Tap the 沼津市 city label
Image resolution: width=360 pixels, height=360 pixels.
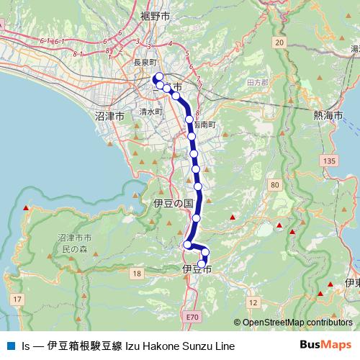click(110, 115)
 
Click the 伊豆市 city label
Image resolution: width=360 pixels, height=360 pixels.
click(197, 269)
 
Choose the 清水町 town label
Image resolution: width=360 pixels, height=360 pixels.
click(152, 112)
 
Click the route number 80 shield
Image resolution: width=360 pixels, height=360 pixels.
click(274, 185)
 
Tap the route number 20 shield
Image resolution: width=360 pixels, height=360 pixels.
click(279, 43)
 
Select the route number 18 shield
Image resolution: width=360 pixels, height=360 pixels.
click(136, 273)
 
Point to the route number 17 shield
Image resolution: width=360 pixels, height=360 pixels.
click(18, 298)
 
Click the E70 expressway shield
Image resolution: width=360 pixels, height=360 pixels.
click(191, 316)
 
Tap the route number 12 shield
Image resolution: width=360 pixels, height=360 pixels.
click(252, 303)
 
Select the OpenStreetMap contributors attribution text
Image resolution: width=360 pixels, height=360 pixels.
click(293, 323)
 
